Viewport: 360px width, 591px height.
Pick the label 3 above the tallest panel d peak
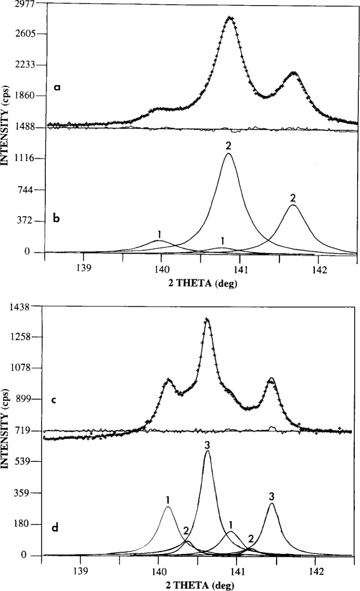pyautogui.click(x=207, y=444)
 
